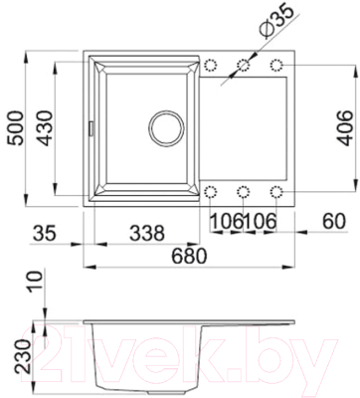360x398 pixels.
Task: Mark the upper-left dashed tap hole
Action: click(211, 65)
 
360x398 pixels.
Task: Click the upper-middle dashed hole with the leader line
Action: click(244, 65)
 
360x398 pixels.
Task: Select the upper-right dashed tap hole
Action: click(277, 65)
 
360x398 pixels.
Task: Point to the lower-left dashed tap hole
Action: click(211, 190)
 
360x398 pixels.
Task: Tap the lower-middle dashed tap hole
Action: click(244, 190)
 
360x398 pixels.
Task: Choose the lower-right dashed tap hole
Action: click(277, 190)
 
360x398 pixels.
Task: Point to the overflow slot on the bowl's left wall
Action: click(91, 127)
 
